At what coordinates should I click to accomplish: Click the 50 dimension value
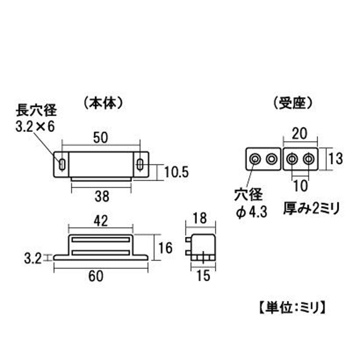click(x=101, y=138)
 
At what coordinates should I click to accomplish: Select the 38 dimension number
click(x=102, y=196)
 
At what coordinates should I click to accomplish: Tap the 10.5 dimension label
click(x=176, y=172)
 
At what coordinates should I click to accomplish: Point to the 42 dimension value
click(x=101, y=221)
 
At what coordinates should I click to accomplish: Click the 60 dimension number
click(x=96, y=276)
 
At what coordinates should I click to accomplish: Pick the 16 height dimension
click(x=165, y=248)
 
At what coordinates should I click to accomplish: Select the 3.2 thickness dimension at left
click(x=33, y=259)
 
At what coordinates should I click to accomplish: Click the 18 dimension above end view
click(x=200, y=218)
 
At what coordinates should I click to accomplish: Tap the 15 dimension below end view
click(x=203, y=276)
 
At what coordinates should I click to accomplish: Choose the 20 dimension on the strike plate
click(x=299, y=134)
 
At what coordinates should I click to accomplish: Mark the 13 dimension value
click(x=336, y=158)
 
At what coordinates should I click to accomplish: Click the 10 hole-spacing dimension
click(x=300, y=186)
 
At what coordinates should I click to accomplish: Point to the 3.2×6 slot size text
click(x=35, y=126)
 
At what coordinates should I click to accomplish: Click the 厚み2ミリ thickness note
click(x=311, y=209)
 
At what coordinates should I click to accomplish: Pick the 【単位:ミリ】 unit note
click(x=293, y=308)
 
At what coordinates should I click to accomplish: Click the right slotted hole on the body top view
click(x=140, y=164)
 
